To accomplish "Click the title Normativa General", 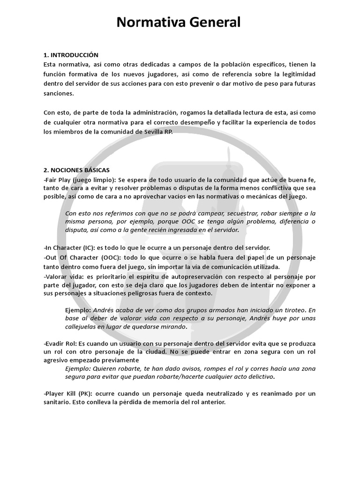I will (x=179, y=22).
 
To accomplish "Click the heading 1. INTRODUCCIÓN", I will (x=71, y=55).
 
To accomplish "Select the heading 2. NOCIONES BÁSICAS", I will (x=76, y=170).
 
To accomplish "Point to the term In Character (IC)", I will (x=70, y=247).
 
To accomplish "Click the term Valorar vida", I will (x=60, y=277).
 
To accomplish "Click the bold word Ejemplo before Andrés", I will (x=78, y=310).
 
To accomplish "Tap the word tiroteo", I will (x=292, y=310).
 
